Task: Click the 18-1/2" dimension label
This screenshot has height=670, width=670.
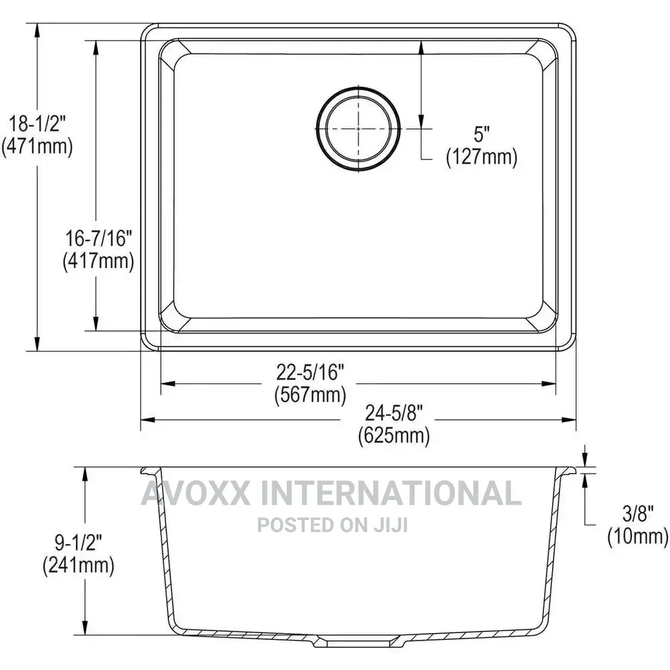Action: [x=38, y=124]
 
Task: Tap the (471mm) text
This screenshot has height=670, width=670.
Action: [x=37, y=146]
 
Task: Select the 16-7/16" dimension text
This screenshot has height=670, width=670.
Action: [x=98, y=238]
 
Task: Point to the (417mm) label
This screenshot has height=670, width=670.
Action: [x=98, y=260]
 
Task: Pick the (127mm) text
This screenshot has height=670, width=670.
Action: [x=482, y=156]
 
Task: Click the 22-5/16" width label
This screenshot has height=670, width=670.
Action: [x=310, y=372]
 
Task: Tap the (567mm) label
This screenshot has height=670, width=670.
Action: [x=310, y=394]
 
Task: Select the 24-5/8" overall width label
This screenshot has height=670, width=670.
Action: [x=394, y=413]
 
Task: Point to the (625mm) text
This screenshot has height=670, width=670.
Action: [x=394, y=435]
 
